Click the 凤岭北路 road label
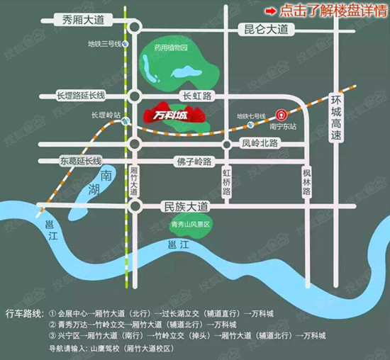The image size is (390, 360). point(261,143)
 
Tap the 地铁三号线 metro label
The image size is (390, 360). point(101,44)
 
